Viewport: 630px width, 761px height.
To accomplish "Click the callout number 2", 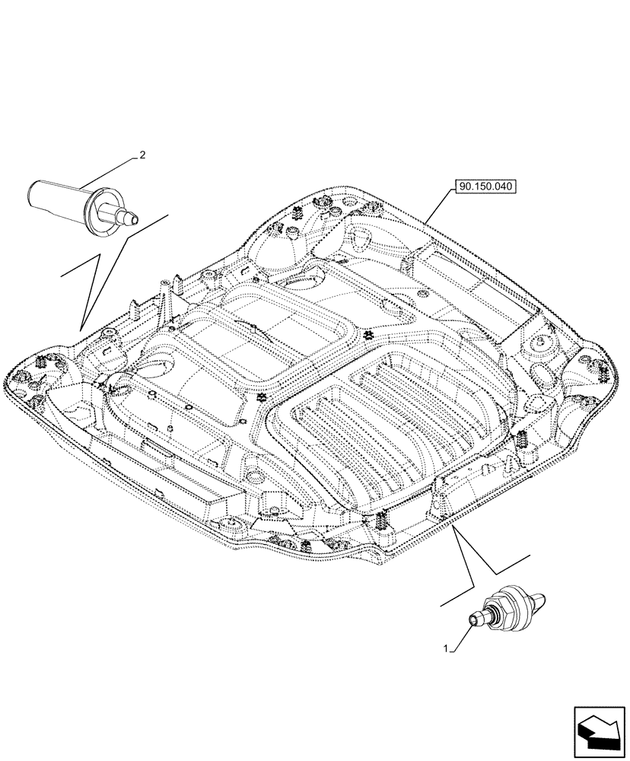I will pyautogui.click(x=142, y=155).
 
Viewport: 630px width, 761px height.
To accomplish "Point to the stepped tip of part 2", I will pyautogui.click(x=128, y=217).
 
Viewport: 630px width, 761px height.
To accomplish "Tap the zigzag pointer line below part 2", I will pyautogui.click(x=99, y=266).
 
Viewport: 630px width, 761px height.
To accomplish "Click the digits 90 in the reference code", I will pyautogui.click(x=463, y=186).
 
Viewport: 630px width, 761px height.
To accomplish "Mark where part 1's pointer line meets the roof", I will pyautogui.click(x=453, y=525).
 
